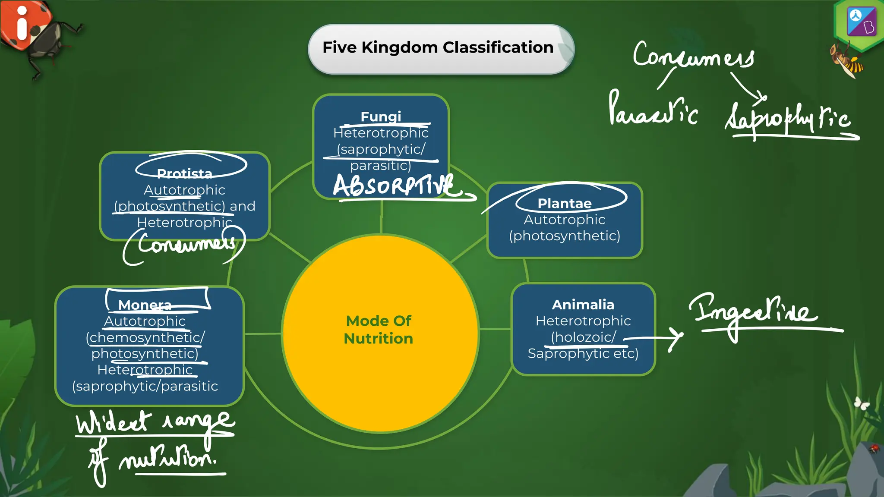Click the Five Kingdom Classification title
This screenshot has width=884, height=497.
pos(438,47)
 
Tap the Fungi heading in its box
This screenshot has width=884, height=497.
pos(381,116)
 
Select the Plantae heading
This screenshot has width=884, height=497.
pos(564,203)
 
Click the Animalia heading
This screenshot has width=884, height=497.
pos(583,305)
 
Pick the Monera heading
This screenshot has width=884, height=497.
pos(145,305)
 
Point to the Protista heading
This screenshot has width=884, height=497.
pos(184,173)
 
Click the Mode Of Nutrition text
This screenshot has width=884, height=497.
pos(379,330)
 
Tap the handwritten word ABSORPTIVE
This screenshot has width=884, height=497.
pos(394,186)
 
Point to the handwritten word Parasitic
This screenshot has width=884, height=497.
pos(652,110)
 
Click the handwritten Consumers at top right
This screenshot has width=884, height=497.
pos(693,56)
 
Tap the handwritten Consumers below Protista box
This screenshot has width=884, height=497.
pos(186,244)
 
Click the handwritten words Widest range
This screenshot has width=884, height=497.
pos(155,422)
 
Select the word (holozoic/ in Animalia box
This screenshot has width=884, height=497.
pos(583,337)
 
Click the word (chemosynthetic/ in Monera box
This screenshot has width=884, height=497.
pos(145,337)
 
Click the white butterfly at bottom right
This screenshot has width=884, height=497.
pos(862,403)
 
